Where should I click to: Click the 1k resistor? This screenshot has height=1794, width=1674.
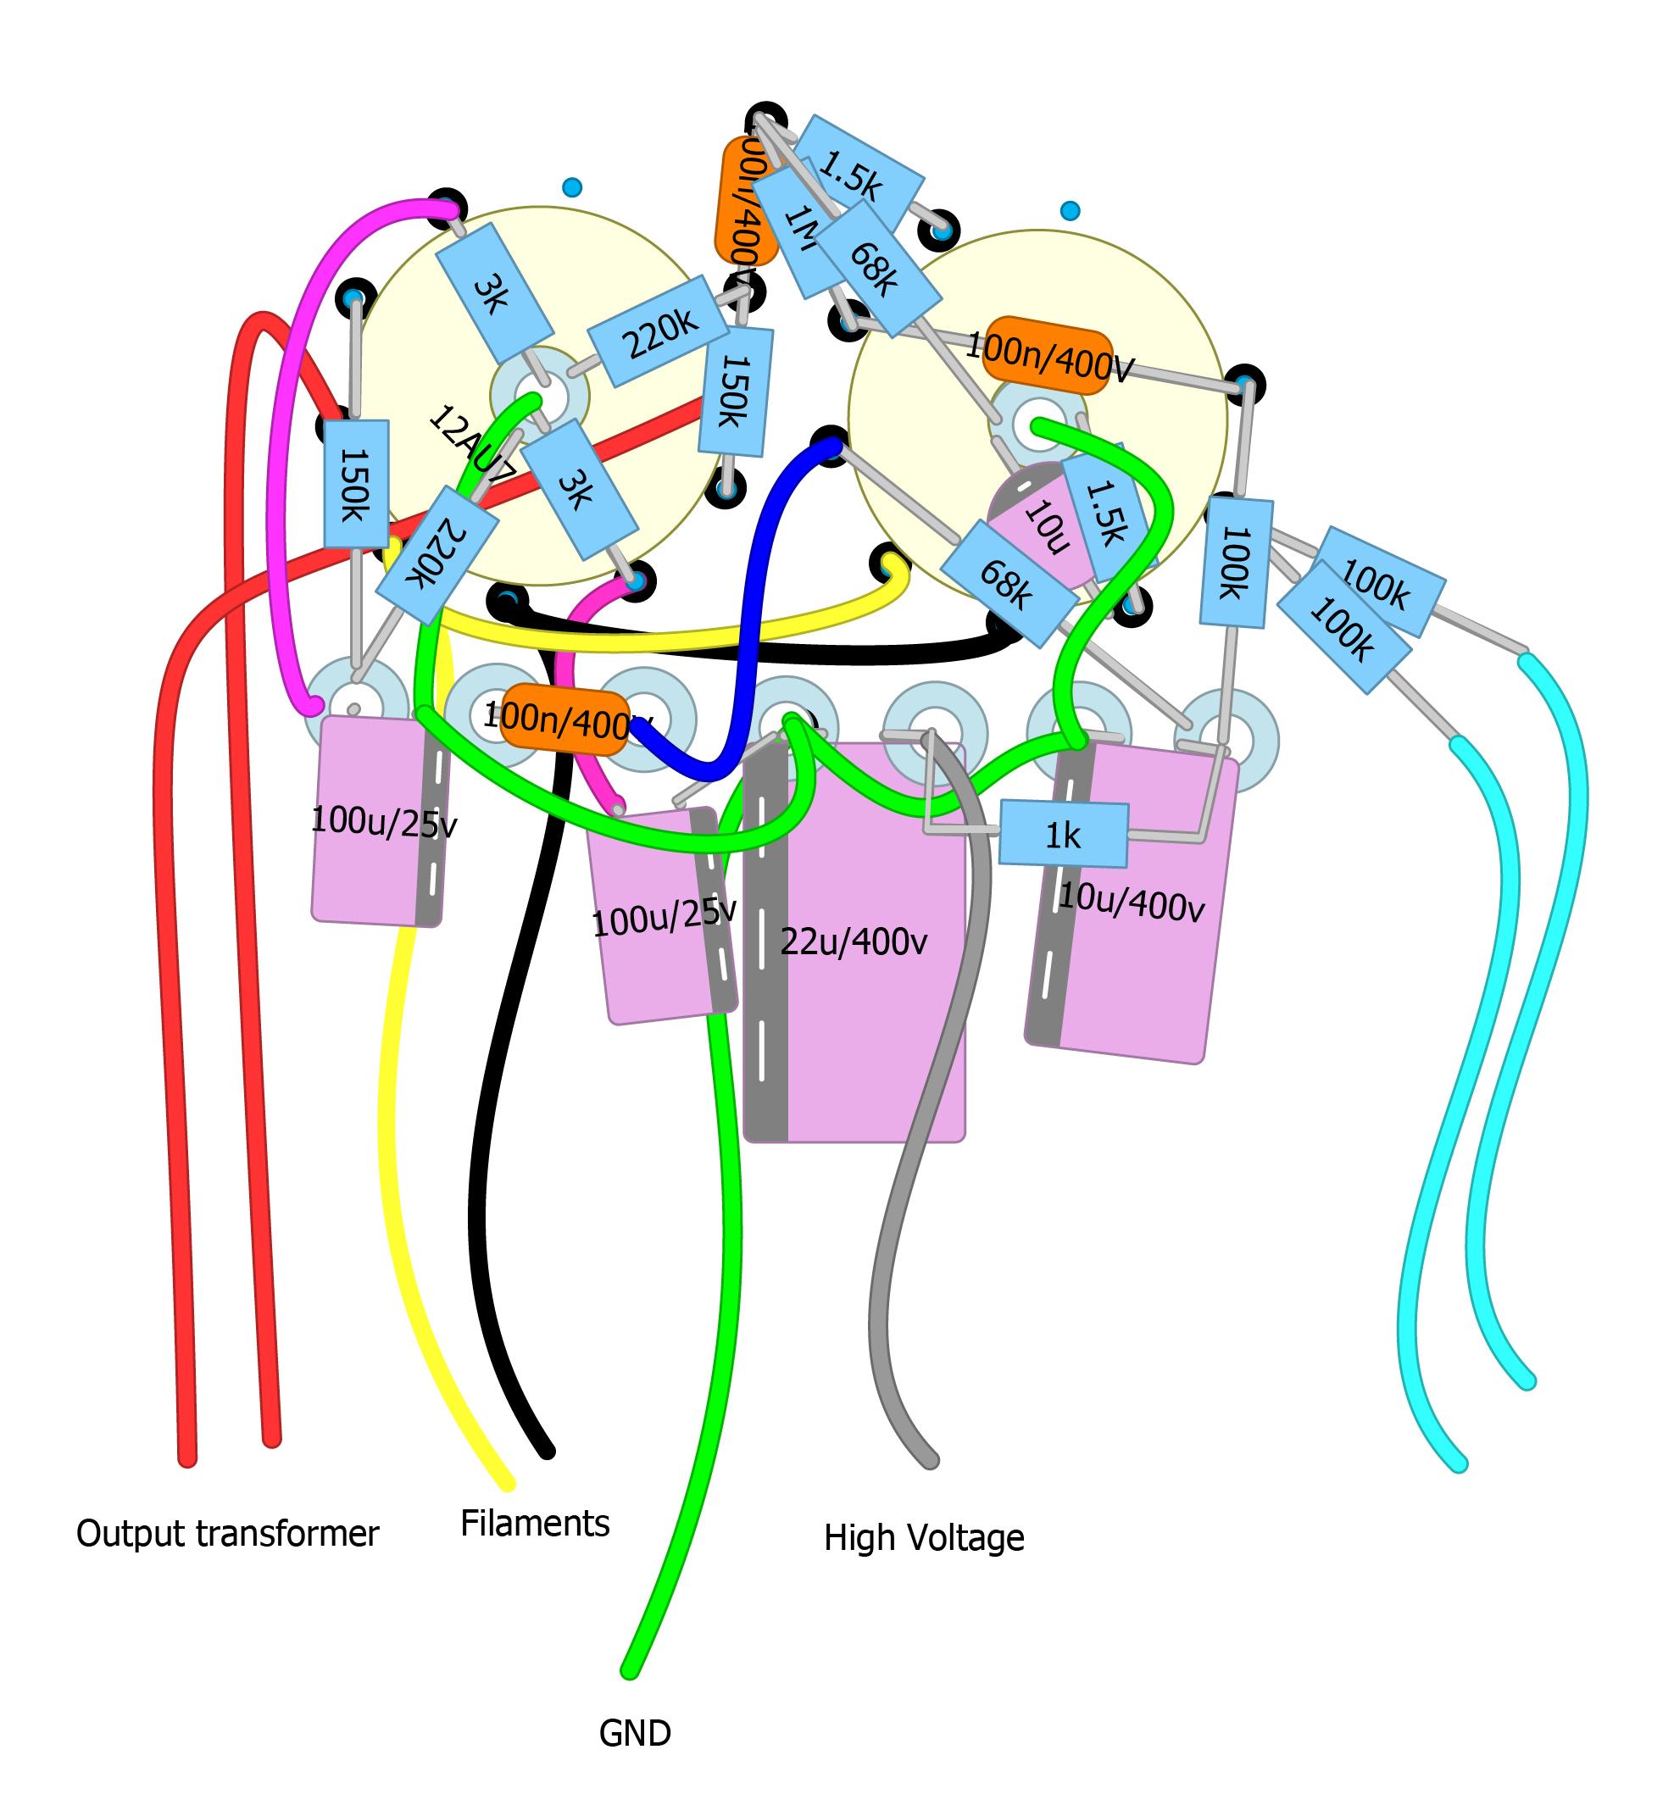point(1063,835)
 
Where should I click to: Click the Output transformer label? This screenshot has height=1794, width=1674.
point(227,1533)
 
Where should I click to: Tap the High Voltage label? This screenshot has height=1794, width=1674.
point(923,1537)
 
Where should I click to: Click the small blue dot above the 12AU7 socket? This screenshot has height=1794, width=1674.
point(572,187)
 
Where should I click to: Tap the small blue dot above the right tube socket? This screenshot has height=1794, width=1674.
point(1070,211)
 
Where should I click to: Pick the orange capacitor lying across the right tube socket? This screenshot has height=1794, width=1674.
point(1047,355)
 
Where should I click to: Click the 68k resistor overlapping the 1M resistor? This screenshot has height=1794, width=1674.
point(874,268)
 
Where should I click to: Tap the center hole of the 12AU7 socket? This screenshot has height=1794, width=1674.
point(540,395)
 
